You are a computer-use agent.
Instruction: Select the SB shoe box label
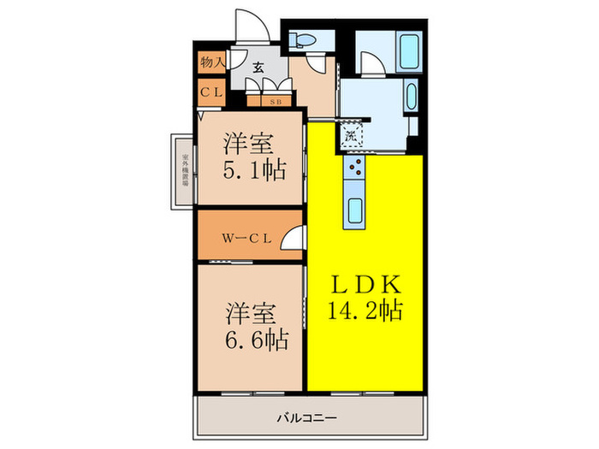click(x=276, y=101)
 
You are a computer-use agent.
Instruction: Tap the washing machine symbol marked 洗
click(x=351, y=133)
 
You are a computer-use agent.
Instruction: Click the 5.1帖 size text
click(x=255, y=170)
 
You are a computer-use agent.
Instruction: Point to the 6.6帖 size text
click(x=255, y=340)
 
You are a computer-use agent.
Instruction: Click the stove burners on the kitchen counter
click(x=353, y=169)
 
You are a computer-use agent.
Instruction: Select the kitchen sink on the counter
click(x=353, y=210)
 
